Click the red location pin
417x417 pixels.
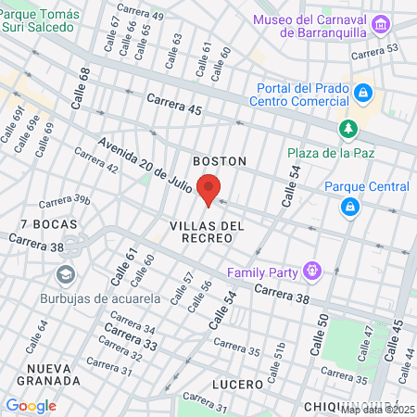point(208,190)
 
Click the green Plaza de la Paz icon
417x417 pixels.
point(347,128)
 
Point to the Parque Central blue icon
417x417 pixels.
point(350,207)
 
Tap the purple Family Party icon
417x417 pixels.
point(312,272)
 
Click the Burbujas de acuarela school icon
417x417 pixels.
point(66,275)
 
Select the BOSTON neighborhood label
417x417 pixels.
point(220,161)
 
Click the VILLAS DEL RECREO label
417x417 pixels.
point(207,232)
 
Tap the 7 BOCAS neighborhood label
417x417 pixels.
point(48,225)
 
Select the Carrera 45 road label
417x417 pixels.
point(173,104)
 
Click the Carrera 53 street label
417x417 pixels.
point(379,48)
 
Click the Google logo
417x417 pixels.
point(31,405)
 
